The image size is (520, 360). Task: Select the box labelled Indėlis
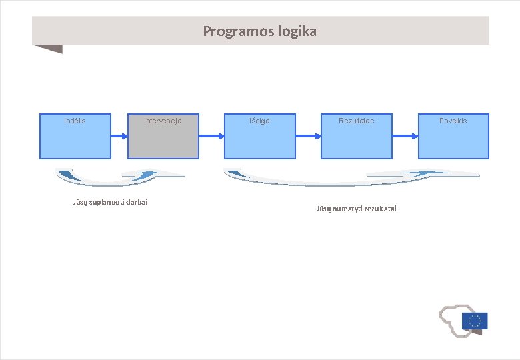[75, 136]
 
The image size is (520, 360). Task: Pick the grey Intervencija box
[163, 136]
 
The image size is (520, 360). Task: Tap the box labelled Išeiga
[259, 136]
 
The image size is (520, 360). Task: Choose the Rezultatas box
[356, 136]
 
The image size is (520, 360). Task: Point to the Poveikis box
[453, 136]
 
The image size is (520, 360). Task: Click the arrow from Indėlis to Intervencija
[119, 136]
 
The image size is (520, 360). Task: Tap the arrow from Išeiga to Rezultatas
[308, 136]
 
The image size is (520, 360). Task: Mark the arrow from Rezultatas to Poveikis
[405, 136]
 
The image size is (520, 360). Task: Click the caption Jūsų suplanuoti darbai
[109, 202]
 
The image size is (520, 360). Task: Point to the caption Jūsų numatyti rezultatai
[356, 209]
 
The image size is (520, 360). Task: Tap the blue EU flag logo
[474, 321]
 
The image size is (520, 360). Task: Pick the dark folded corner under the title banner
[49, 49]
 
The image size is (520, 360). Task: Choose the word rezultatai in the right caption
[381, 209]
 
